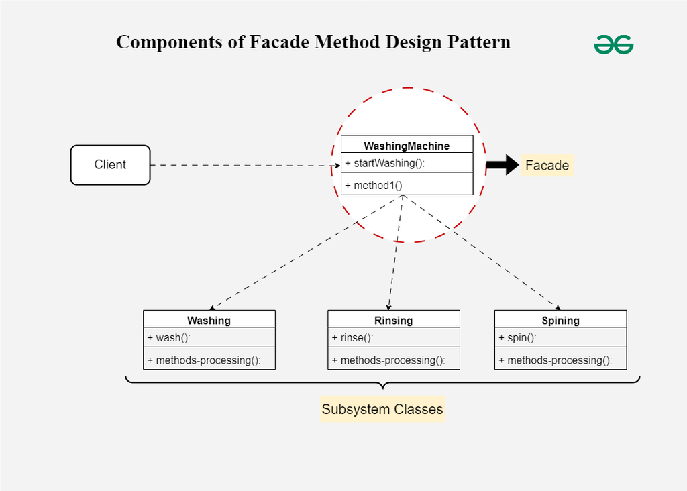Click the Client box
[110, 165]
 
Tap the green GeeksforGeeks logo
[613, 44]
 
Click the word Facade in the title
[280, 42]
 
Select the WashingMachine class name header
[407, 145]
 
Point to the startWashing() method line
[385, 163]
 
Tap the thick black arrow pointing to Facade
[502, 165]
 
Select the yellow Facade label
[547, 166]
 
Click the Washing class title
[209, 320]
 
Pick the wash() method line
[168, 337]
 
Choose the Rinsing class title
[393, 320]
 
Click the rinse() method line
[352, 337]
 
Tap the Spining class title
[560, 320]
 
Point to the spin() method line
[517, 337]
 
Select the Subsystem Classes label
[382, 409]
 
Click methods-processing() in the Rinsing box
[388, 360]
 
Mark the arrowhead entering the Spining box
[558, 307]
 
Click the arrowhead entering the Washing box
[213, 307]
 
